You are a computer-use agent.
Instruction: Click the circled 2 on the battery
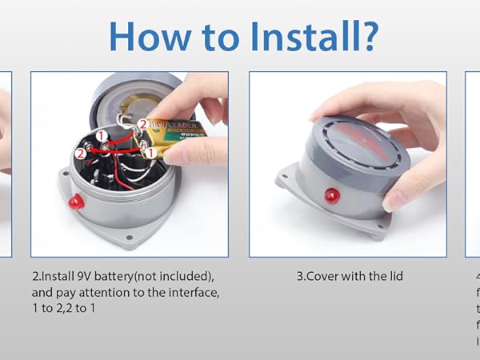point(142,124)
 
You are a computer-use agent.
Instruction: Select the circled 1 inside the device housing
point(102,135)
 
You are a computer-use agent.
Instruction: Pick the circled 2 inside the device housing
point(81,153)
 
